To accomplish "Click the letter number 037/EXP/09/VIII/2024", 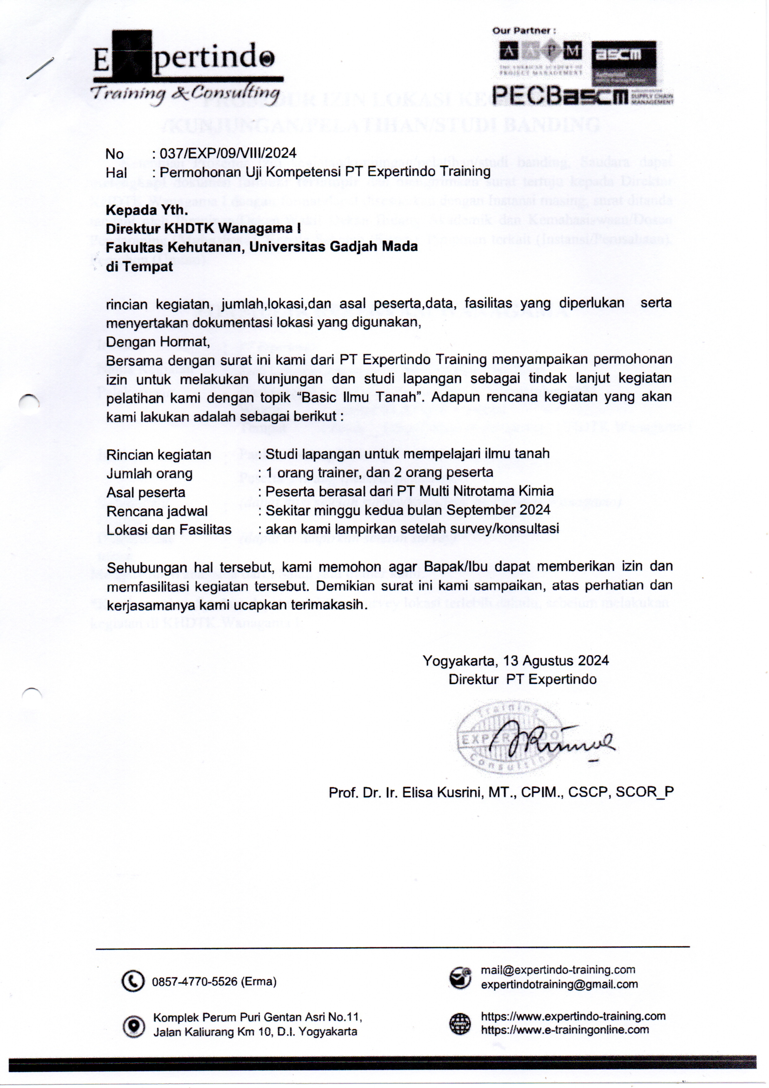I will pyautogui.click(x=228, y=153).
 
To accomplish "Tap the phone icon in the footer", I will pyautogui.click(x=133, y=981).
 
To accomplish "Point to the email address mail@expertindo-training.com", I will pyautogui.click(x=558, y=970).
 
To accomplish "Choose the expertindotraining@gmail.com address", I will pyautogui.click(x=559, y=984).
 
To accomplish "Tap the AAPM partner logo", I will pyautogui.click(x=540, y=56).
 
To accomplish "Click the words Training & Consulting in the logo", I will pyautogui.click(x=185, y=93).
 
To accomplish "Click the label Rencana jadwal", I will pyautogui.click(x=157, y=511).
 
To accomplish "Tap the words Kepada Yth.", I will pyautogui.click(x=146, y=210).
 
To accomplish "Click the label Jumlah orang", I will pyautogui.click(x=149, y=473).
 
